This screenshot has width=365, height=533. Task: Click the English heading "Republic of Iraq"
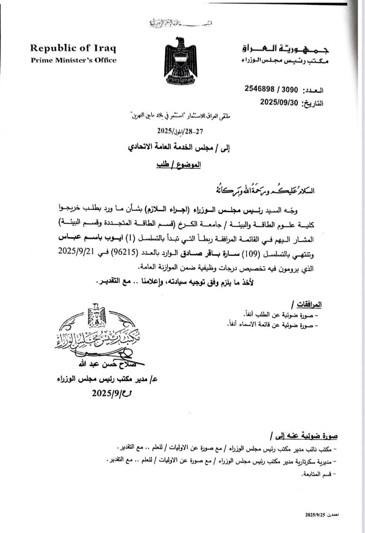pos(73,48)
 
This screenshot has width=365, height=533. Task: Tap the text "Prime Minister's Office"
pos(74,60)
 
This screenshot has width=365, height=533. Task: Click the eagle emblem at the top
pos(180,60)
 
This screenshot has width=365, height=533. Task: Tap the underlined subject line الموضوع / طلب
pos(179,164)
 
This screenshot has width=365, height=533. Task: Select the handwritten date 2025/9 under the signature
pos(109,393)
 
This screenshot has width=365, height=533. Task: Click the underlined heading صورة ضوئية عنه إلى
pos(304,436)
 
